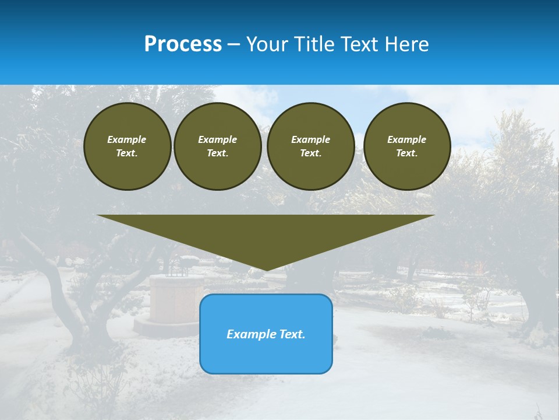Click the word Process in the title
click(x=183, y=44)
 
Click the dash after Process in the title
click(x=233, y=45)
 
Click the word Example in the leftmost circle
click(x=127, y=139)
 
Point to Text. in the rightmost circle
click(x=407, y=153)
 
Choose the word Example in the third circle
click(x=311, y=139)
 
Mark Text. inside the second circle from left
click(x=218, y=153)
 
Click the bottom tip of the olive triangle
click(x=266, y=269)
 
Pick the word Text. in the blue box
click(x=292, y=334)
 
